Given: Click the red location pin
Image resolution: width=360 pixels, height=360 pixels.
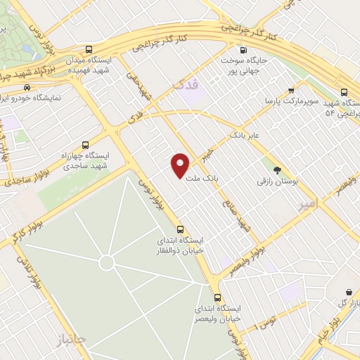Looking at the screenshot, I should [181, 165].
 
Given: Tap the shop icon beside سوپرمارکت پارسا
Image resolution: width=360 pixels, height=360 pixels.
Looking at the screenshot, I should [292, 91].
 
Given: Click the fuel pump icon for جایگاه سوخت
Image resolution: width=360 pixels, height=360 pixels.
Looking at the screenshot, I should [243, 50].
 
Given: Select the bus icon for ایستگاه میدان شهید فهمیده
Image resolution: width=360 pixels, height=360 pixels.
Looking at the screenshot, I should [88, 50].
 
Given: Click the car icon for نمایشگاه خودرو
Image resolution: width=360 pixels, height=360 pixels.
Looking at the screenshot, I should [27, 88].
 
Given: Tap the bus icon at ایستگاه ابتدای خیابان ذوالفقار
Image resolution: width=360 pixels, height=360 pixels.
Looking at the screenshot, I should [181, 229].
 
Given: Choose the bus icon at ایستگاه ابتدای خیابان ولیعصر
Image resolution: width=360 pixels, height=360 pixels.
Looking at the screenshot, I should [217, 297].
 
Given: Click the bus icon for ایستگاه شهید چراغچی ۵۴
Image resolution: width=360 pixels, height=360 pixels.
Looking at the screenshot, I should [343, 92].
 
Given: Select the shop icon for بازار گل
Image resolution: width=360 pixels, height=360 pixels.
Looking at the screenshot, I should [349, 292].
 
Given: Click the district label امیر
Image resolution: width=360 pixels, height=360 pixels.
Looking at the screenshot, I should [307, 202].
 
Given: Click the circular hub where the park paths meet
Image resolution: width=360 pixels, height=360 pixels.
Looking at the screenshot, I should [106, 262].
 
